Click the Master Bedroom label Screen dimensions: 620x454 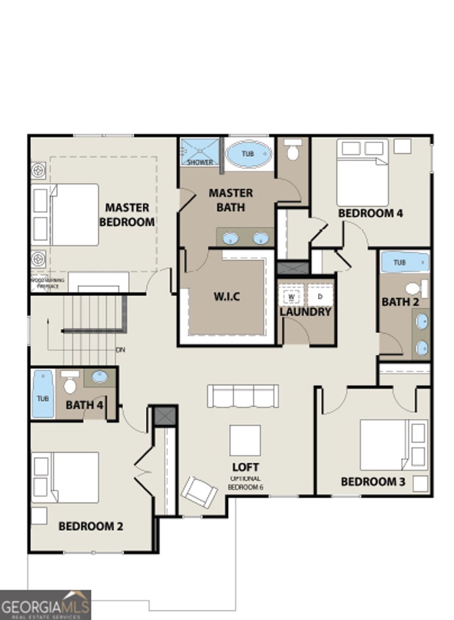click(127, 214)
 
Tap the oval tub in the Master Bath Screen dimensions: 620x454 click(248, 154)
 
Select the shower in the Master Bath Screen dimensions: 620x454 click(200, 152)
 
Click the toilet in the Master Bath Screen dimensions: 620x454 click(292, 151)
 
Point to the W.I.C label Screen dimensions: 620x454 click(227, 296)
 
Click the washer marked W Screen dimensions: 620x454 click(291, 296)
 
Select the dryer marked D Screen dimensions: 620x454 click(320, 296)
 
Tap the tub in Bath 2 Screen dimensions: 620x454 click(405, 262)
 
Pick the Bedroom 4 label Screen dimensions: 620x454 click(370, 213)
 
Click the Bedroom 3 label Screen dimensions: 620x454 click(373, 481)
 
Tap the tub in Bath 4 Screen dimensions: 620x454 click(43, 394)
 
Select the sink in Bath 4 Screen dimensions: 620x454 click(99, 377)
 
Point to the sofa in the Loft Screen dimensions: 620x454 click(243, 396)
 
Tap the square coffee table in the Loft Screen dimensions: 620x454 click(245, 441)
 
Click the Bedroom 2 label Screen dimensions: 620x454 click(90, 526)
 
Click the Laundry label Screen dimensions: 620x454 click(305, 312)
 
